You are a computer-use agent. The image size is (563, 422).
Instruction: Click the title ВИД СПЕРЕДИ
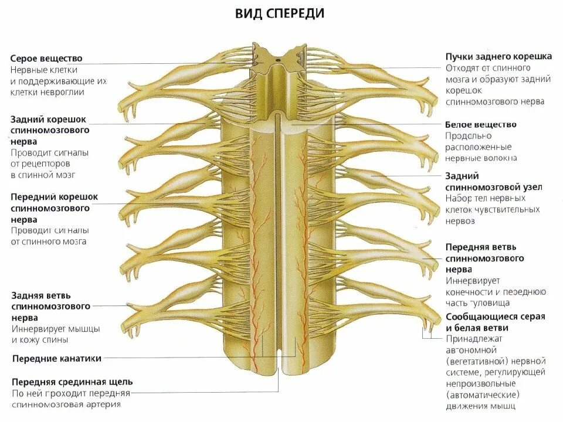tap(280, 13)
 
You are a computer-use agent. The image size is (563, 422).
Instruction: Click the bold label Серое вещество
tap(46, 59)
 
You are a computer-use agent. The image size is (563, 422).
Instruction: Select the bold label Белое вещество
tap(480, 125)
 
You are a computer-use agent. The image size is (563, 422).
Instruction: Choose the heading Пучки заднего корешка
tap(498, 57)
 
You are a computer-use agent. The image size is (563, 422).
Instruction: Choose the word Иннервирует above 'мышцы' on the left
tap(36, 328)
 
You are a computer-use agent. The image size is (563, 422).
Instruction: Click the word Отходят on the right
tap(464, 68)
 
